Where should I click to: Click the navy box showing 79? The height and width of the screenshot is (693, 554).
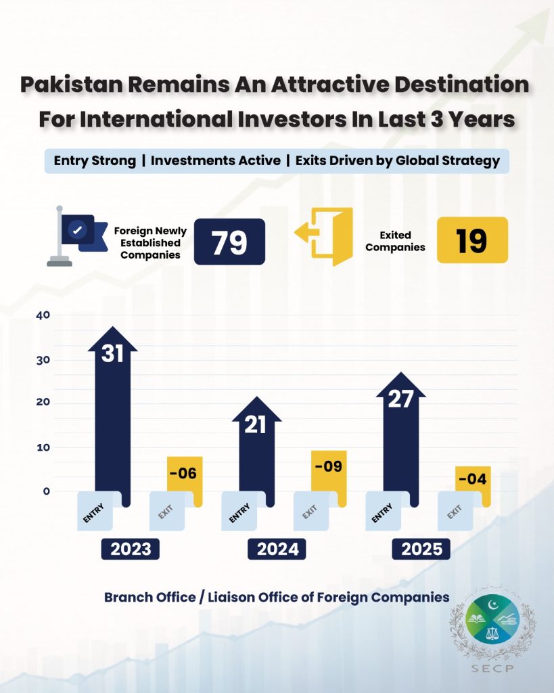click(x=229, y=242)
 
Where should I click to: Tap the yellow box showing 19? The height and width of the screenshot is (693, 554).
click(x=472, y=240)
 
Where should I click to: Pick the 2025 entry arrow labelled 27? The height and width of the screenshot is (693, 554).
click(x=400, y=433)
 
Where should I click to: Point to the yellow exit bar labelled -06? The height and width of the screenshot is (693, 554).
click(x=185, y=480)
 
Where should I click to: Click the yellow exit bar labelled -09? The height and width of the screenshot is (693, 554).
click(x=329, y=477)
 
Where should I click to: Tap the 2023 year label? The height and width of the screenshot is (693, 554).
click(x=131, y=549)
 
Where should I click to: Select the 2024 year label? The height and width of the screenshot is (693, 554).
click(x=277, y=549)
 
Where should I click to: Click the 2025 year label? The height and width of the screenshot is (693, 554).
click(x=421, y=549)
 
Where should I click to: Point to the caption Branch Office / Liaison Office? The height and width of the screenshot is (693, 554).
click(x=276, y=598)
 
